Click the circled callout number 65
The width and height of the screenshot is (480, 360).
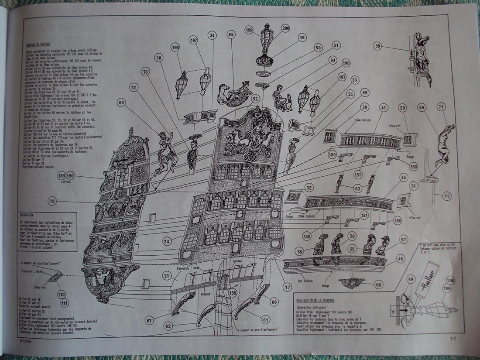(x=231, y=34)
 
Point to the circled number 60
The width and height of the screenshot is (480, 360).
(x=121, y=102)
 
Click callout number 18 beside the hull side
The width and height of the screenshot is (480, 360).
(x=52, y=201)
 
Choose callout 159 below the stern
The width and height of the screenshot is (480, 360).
(x=232, y=293)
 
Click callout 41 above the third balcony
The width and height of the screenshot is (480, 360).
(x=383, y=106)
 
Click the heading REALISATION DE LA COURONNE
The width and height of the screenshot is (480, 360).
(x=317, y=301)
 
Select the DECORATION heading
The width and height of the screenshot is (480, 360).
(x=27, y=215)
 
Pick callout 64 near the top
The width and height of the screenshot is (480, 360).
(x=333, y=60)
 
